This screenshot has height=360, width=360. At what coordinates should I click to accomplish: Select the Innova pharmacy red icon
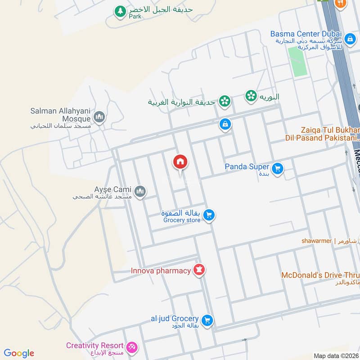pyautogui.click(x=199, y=270)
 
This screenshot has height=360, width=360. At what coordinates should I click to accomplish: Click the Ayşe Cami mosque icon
pyautogui.click(x=140, y=191)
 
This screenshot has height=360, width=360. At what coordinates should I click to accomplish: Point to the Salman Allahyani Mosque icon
pyautogui.click(x=99, y=117)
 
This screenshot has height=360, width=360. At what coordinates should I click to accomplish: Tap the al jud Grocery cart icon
pyautogui.click(x=207, y=320)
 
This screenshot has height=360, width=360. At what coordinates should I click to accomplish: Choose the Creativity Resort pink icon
pyautogui.click(x=132, y=347)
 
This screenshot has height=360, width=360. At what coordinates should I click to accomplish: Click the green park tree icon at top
pyautogui.click(x=120, y=11)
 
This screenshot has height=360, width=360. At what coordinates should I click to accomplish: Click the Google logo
pyautogui.click(x=19, y=353)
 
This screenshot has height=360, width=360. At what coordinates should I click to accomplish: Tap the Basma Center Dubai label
pyautogui.click(x=306, y=34)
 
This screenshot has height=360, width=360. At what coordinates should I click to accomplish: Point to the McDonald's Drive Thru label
pyautogui.click(x=320, y=275)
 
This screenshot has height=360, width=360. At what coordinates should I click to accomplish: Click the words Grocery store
pyautogui.click(x=182, y=220)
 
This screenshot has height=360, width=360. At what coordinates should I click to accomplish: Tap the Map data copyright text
pyautogui.click(x=335, y=355)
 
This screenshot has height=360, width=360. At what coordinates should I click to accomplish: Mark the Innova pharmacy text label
pyautogui.click(x=161, y=271)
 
